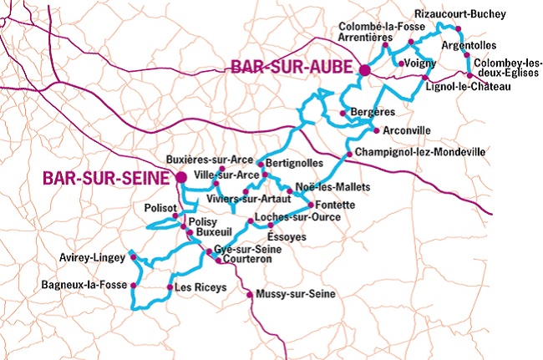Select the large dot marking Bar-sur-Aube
pyautogui.click(x=364, y=70)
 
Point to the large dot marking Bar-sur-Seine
pyautogui.click(x=180, y=177)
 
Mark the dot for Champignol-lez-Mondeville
pyautogui.click(x=348, y=155)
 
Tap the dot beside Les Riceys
pyautogui.click(x=170, y=288)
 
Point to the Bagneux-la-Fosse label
pyautogui.click(x=84, y=285)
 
